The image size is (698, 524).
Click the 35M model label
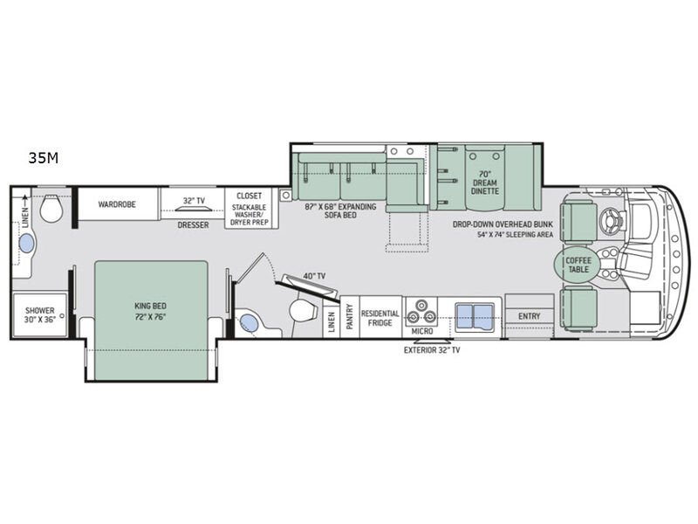click(43, 158)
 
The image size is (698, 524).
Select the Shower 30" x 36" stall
click(39, 314)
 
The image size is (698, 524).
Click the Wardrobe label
click(117, 204)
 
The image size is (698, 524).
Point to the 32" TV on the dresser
click(193, 210)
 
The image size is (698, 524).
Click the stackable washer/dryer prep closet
click(251, 209)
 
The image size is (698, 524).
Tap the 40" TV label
click(314, 276)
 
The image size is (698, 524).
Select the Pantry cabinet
click(350, 317)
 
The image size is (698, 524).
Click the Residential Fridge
click(380, 317)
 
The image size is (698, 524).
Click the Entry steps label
click(530, 316)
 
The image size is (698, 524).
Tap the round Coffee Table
click(578, 265)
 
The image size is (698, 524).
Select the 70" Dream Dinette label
click(485, 183)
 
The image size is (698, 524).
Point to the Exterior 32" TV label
click(432, 350)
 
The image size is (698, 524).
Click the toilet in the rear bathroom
click(51, 208)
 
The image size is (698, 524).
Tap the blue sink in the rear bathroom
click(27, 244)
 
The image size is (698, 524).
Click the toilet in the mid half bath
click(303, 310)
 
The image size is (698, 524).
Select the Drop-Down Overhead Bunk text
click(503, 224)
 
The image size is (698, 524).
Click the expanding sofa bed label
click(340, 210)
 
